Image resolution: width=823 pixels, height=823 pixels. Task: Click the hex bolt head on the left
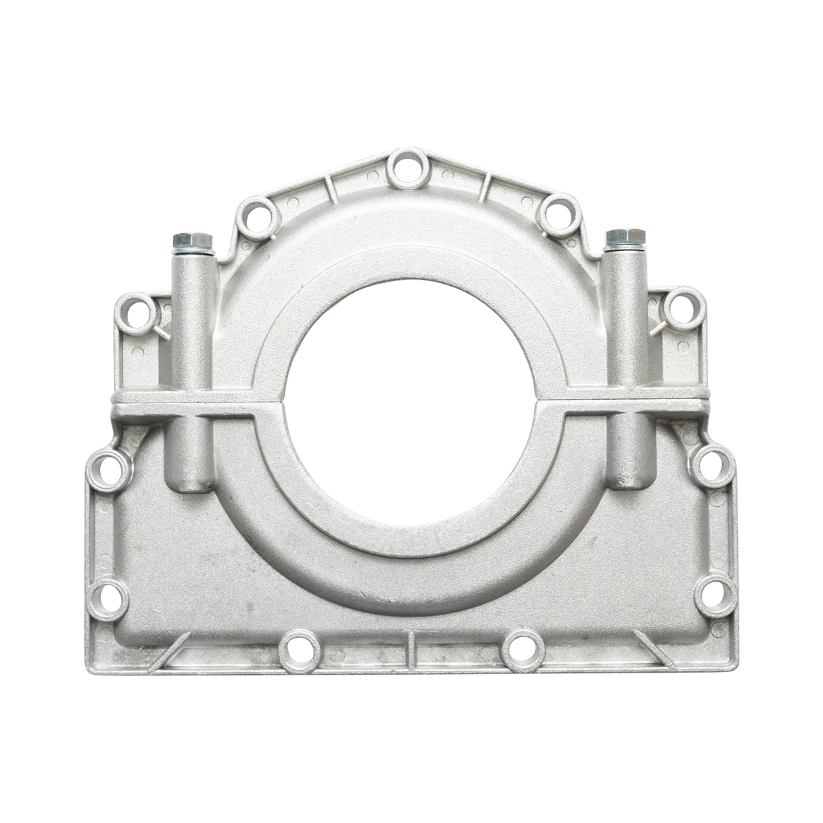[x=193, y=241]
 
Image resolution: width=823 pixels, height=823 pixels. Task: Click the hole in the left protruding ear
[x=136, y=312]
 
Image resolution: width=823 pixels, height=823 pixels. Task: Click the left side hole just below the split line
[x=108, y=468]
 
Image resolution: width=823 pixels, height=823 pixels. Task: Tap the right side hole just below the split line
[x=713, y=466]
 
